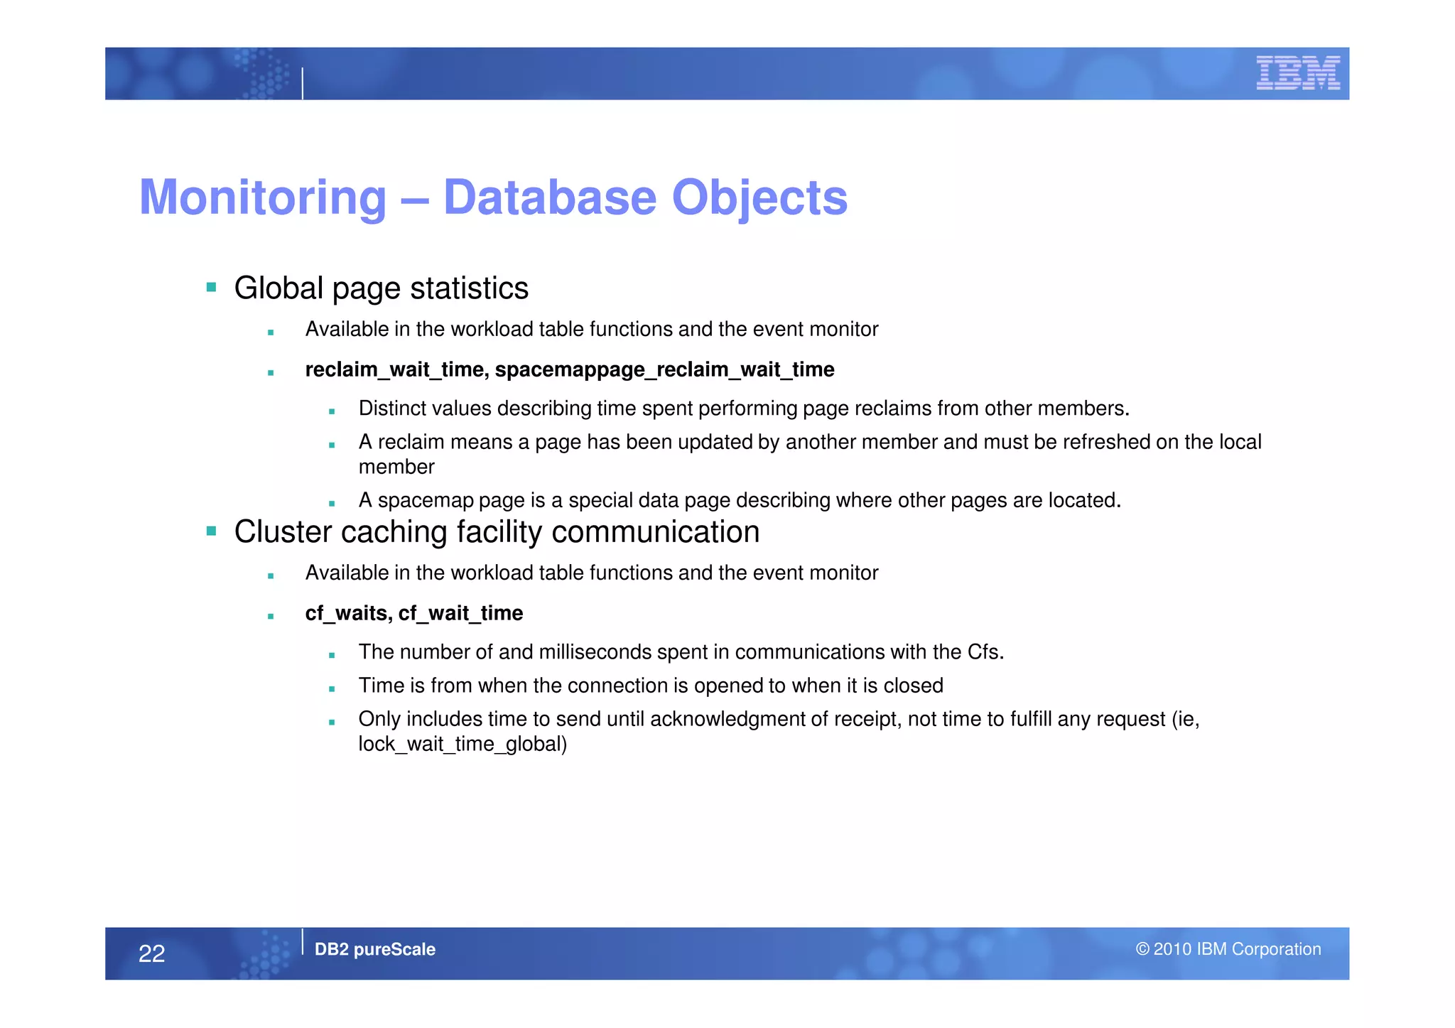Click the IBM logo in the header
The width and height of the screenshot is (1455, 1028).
click(1297, 73)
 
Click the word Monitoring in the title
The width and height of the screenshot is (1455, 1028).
click(263, 198)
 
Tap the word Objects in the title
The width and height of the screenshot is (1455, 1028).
click(759, 198)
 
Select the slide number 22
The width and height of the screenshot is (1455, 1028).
click(151, 953)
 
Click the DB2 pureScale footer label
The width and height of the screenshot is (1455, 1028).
click(374, 949)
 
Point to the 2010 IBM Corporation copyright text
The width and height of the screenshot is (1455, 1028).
click(1228, 949)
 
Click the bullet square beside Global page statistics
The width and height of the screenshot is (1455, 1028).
click(211, 288)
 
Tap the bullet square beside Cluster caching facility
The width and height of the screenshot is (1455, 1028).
click(211, 531)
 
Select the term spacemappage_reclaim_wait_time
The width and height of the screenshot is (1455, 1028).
click(664, 369)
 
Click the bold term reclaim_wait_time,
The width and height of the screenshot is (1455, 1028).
click(396, 369)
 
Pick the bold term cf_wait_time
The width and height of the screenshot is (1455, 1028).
click(460, 613)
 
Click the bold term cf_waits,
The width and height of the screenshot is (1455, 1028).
click(348, 613)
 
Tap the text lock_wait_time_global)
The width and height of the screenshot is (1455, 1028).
click(463, 744)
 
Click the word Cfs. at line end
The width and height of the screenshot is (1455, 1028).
click(985, 651)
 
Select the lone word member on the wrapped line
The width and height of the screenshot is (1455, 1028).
click(396, 467)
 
